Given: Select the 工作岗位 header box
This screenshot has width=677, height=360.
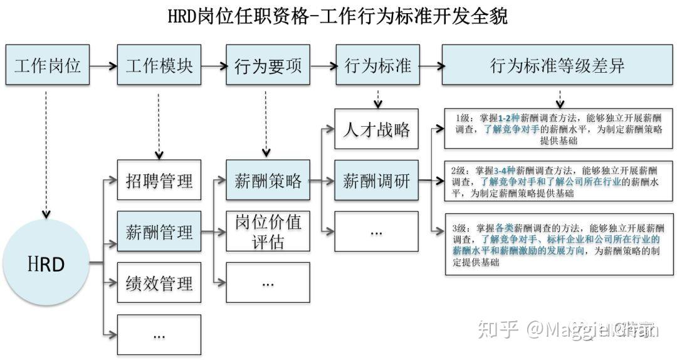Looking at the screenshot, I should pos(48,65).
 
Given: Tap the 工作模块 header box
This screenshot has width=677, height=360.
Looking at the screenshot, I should pos(159,65).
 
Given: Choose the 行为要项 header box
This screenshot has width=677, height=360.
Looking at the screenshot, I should pos(268,65).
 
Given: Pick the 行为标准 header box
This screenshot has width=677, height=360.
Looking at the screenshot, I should pos(377,65).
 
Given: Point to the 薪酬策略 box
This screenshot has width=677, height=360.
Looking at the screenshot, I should pos(268,181).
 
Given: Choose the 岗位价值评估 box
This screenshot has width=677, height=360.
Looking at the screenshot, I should pos(268,231).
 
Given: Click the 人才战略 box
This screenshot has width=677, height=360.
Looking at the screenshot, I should pos(376,129).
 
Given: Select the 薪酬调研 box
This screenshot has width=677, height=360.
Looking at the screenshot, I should pos(376,181).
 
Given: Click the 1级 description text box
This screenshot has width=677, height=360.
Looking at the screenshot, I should pos(558,129).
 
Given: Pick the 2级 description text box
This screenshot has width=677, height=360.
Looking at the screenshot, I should pos(558,181).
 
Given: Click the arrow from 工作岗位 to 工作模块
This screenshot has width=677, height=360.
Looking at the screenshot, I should pos(103,65).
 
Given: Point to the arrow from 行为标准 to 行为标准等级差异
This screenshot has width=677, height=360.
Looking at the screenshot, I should pos(430,65).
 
